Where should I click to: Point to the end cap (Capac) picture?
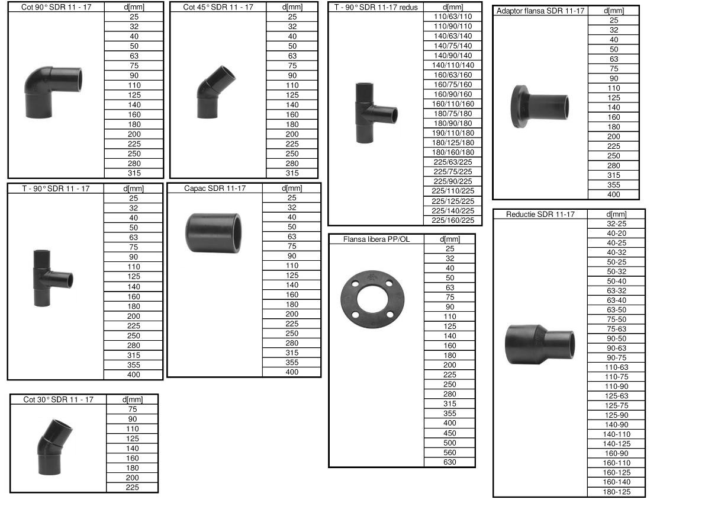213,233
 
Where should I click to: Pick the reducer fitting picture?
539,344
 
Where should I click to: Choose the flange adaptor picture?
539,107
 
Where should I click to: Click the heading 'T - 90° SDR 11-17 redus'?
376,7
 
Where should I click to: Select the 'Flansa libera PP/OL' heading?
376,239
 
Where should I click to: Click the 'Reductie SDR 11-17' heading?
540,215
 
